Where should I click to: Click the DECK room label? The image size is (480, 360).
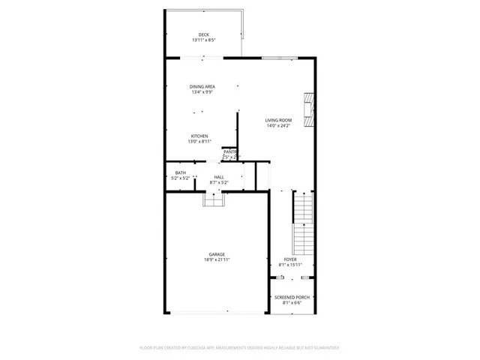pyautogui.click(x=203, y=34)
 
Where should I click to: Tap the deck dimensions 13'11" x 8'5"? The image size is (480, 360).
pyautogui.click(x=203, y=40)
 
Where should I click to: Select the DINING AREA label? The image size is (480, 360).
pyautogui.click(x=202, y=87)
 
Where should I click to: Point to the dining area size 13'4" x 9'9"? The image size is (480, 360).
pyautogui.click(x=202, y=93)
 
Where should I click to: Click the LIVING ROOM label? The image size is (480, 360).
pyautogui.click(x=277, y=120)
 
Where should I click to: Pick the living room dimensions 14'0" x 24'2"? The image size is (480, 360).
pyautogui.click(x=277, y=126)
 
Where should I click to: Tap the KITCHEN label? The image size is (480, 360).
pyautogui.click(x=199, y=136)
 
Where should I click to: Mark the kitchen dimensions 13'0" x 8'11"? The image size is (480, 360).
pyautogui.click(x=199, y=142)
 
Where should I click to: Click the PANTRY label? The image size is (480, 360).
pyautogui.click(x=229, y=151)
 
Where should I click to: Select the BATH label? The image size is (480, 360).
pyautogui.click(x=181, y=172)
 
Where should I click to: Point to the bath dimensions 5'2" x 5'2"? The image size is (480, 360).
pyautogui.click(x=181, y=178)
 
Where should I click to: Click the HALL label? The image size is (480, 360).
pyautogui.click(x=220, y=177)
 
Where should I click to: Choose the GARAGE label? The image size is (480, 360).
pyautogui.click(x=217, y=254)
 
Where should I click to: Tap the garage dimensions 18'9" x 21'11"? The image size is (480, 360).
pyautogui.click(x=217, y=260)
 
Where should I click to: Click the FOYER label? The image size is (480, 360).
pyautogui.click(x=290, y=259)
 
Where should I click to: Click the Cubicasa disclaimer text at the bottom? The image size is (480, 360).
pyautogui.click(x=240, y=348)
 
